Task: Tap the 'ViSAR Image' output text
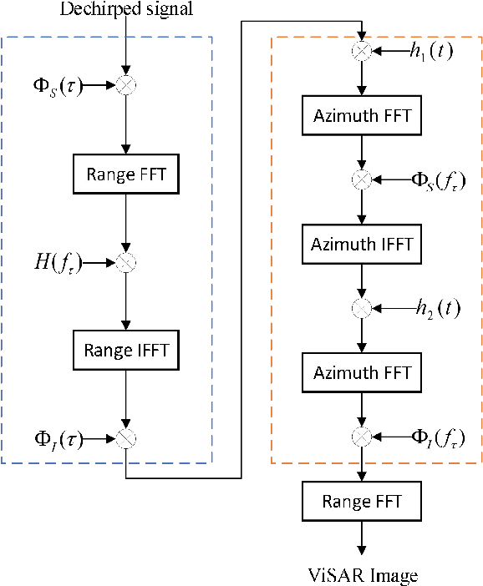pos(362,575)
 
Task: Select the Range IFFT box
pos(125,350)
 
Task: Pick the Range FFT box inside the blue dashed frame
pos(125,174)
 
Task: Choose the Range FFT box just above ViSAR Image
pos(362,501)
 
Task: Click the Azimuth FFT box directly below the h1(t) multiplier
pos(362,116)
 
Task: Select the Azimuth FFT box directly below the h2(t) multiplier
pos(362,372)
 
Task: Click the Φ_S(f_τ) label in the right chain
pos(440,180)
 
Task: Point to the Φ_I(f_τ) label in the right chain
pos(440,437)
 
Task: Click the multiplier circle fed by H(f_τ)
pos(125,263)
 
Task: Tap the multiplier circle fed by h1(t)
pos(362,52)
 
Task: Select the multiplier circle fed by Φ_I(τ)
pos(125,437)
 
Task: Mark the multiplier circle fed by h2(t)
pos(362,308)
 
